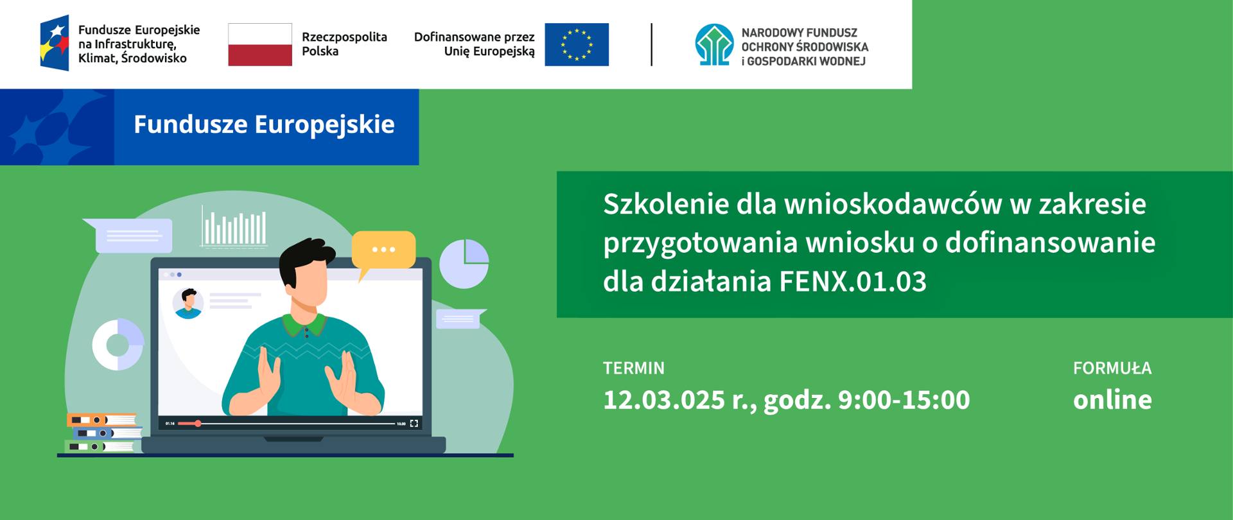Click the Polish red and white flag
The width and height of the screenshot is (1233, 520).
(x=260, y=44)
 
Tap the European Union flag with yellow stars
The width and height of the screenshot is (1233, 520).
(x=577, y=44)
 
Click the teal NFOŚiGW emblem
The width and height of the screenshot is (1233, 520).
(x=714, y=44)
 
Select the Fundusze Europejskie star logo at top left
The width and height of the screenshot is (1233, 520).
(x=55, y=43)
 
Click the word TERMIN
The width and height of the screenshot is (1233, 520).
(x=634, y=368)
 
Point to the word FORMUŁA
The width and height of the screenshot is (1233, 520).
(x=1112, y=368)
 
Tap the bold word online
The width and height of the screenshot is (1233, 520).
(x=1112, y=399)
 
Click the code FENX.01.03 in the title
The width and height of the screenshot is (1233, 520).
(x=853, y=281)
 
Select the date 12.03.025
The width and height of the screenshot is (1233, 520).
(x=664, y=399)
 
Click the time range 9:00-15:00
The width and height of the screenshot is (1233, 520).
(x=904, y=399)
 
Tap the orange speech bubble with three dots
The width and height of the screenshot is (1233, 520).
(x=383, y=250)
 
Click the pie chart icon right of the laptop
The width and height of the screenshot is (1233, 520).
(x=464, y=264)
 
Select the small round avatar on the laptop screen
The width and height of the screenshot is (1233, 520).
(x=188, y=304)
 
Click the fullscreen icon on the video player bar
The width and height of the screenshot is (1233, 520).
(x=414, y=424)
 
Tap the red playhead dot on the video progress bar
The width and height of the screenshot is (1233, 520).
(x=198, y=424)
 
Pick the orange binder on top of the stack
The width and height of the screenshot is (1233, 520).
(x=101, y=420)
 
